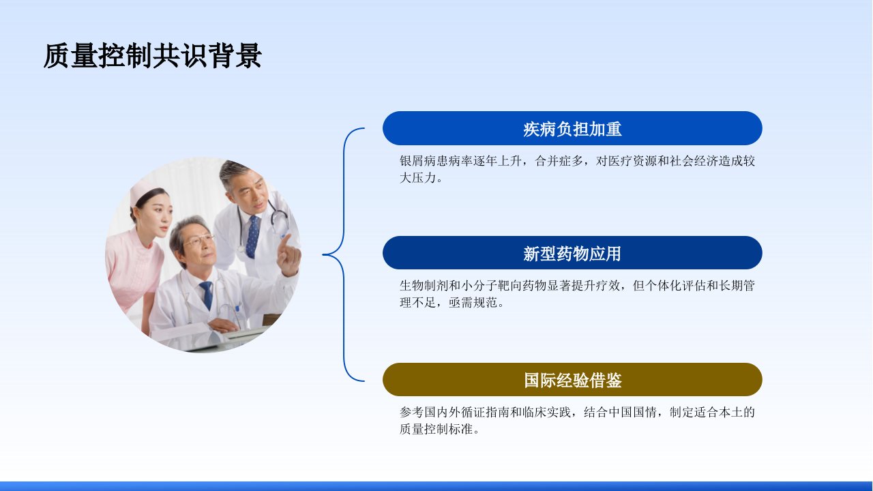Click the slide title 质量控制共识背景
click(x=152, y=56)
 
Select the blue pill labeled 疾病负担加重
click(x=572, y=128)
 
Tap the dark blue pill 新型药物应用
click(x=572, y=253)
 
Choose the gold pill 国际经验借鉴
click(x=572, y=380)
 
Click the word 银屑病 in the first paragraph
click(x=418, y=161)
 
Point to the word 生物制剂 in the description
click(x=424, y=286)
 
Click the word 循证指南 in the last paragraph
click(x=486, y=412)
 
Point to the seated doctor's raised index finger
click(x=285, y=241)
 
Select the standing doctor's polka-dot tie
click(x=252, y=237)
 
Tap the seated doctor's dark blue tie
click(x=207, y=294)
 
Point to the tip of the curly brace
click(x=323, y=255)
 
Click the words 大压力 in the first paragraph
click(x=418, y=178)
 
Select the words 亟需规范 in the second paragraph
click(x=473, y=302)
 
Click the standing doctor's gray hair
click(x=233, y=171)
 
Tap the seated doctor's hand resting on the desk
click(x=223, y=325)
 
